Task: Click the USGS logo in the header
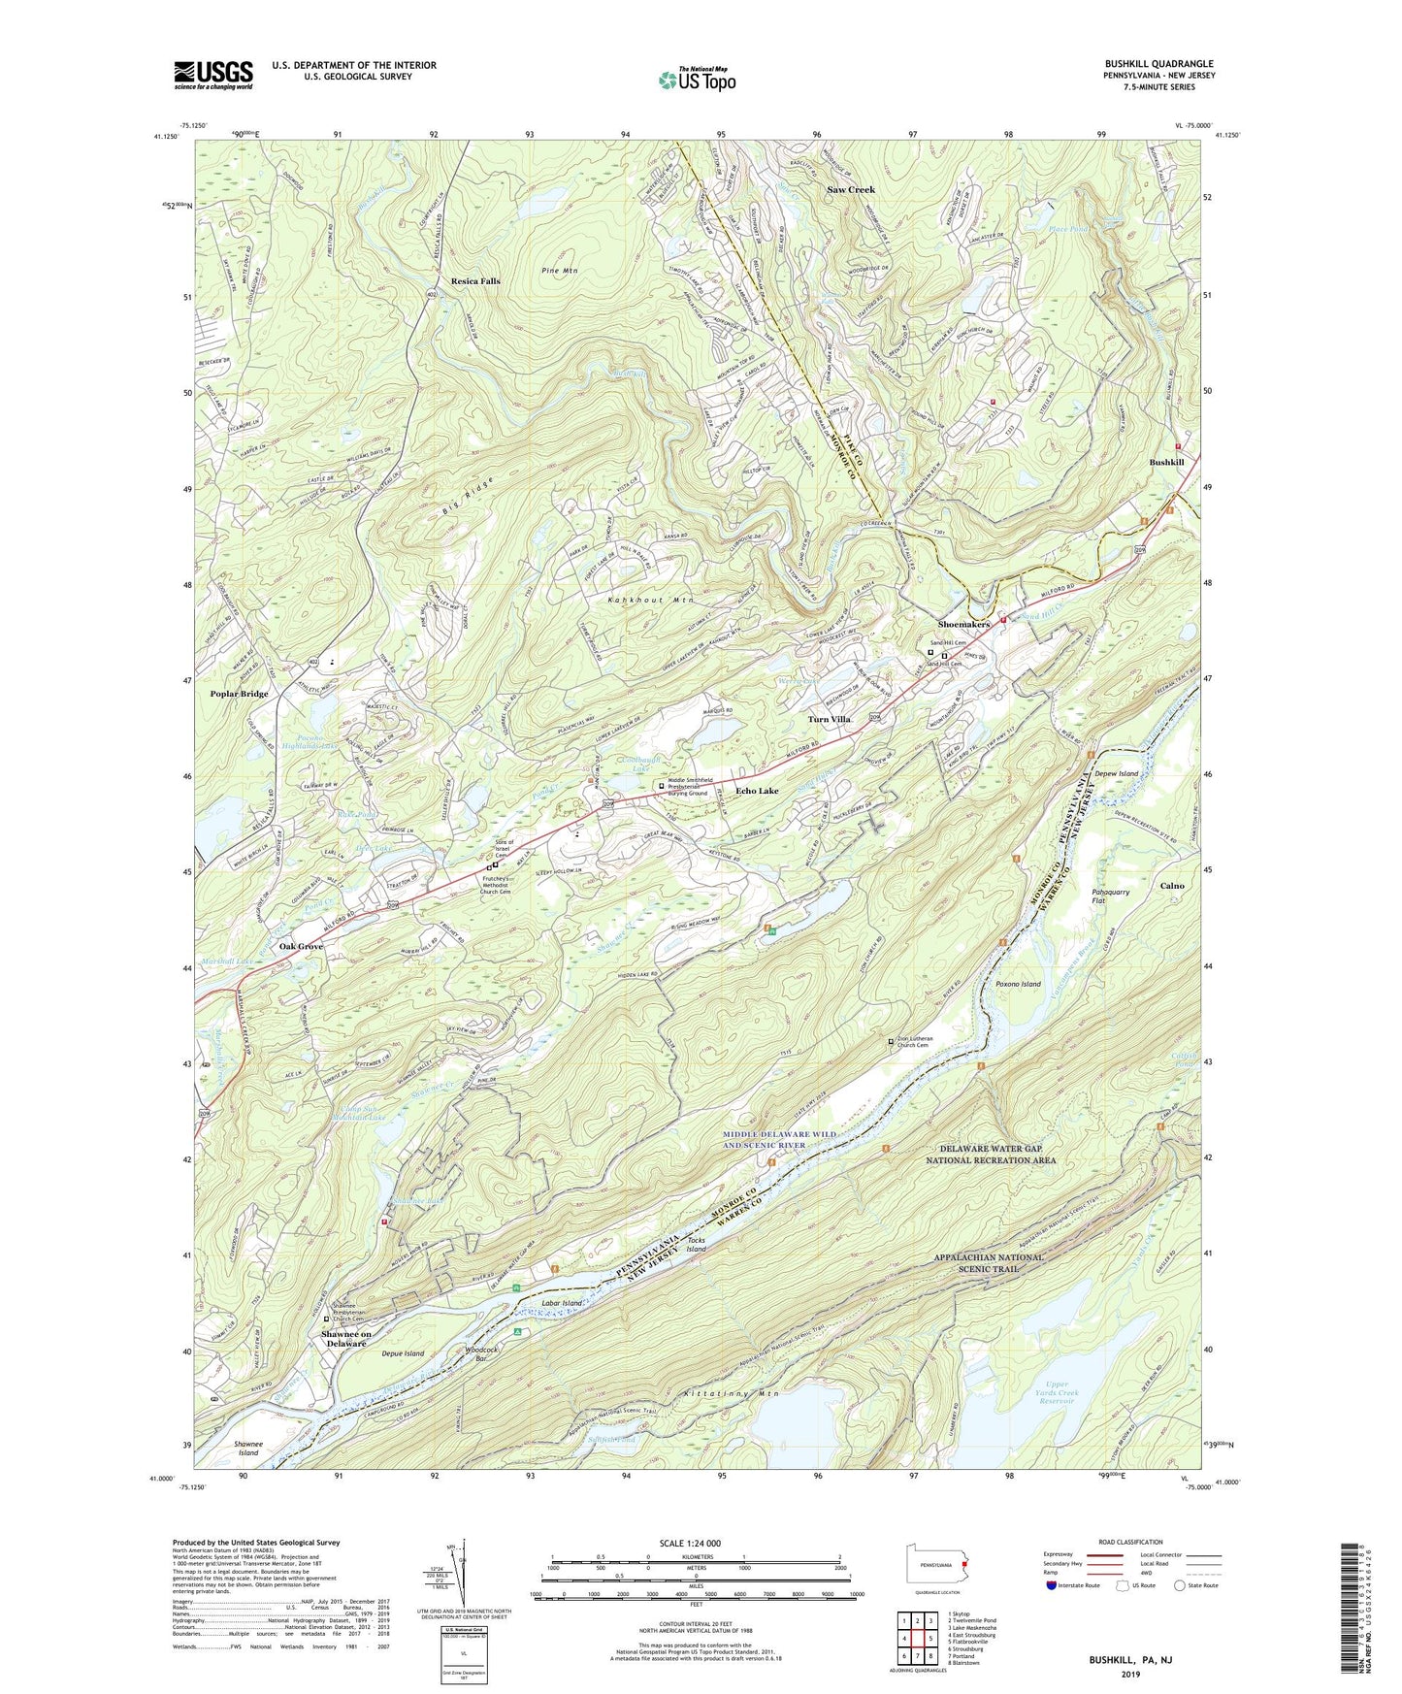[x=213, y=75]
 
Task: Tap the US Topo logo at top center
[x=697, y=81]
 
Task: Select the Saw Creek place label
[x=850, y=189]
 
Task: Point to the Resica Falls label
[x=475, y=281]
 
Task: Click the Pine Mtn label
[x=559, y=271]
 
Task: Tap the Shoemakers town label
[x=963, y=624]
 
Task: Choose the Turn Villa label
[x=830, y=719]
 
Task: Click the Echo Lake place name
[x=757, y=791]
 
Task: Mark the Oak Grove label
[x=301, y=946]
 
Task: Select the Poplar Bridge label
[x=239, y=694]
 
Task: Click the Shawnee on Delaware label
[x=346, y=1339]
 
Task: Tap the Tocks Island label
[x=697, y=1245]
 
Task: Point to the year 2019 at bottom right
[x=1130, y=1674]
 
